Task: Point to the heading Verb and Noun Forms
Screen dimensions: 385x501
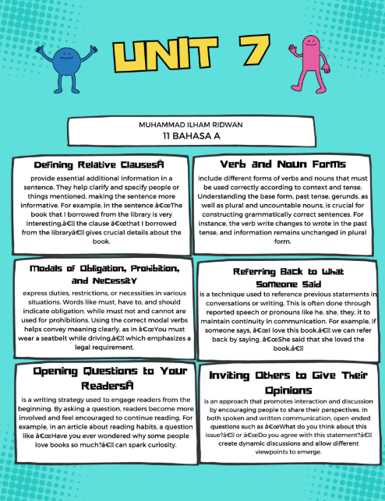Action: click(x=283, y=165)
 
